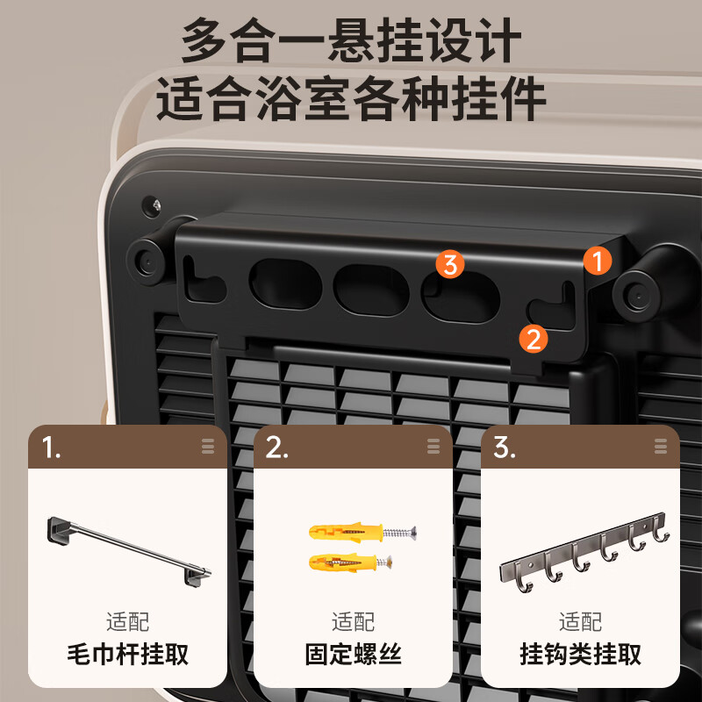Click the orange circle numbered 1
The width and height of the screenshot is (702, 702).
(x=598, y=260)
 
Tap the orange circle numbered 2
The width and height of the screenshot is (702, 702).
(x=534, y=338)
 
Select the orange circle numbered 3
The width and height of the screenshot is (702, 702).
(x=450, y=263)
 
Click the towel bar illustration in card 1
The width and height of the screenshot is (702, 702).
(x=127, y=550)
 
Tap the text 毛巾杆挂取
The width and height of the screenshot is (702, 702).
(x=128, y=655)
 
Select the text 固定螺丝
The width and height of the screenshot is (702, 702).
(x=353, y=655)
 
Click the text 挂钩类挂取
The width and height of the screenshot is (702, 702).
(x=581, y=655)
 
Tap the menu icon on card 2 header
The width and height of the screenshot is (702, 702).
(x=433, y=447)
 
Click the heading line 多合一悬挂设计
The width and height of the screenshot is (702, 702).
(x=351, y=41)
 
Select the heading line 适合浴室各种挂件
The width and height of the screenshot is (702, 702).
(x=351, y=99)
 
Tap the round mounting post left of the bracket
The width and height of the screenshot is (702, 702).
(x=145, y=260)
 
